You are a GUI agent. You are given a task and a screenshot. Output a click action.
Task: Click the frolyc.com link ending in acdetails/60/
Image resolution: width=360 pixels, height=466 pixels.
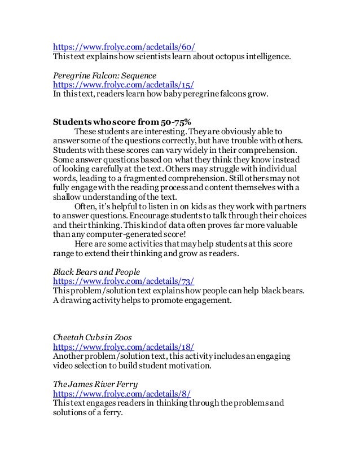pos(124,47)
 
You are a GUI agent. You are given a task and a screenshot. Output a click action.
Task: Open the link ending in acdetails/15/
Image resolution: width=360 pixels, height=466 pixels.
pos(124,85)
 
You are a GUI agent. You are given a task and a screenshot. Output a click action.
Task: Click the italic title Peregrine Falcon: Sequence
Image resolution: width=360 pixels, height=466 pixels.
pos(104,76)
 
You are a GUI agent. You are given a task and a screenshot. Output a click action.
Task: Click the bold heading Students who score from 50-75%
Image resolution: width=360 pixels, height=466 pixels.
pos(118,122)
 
